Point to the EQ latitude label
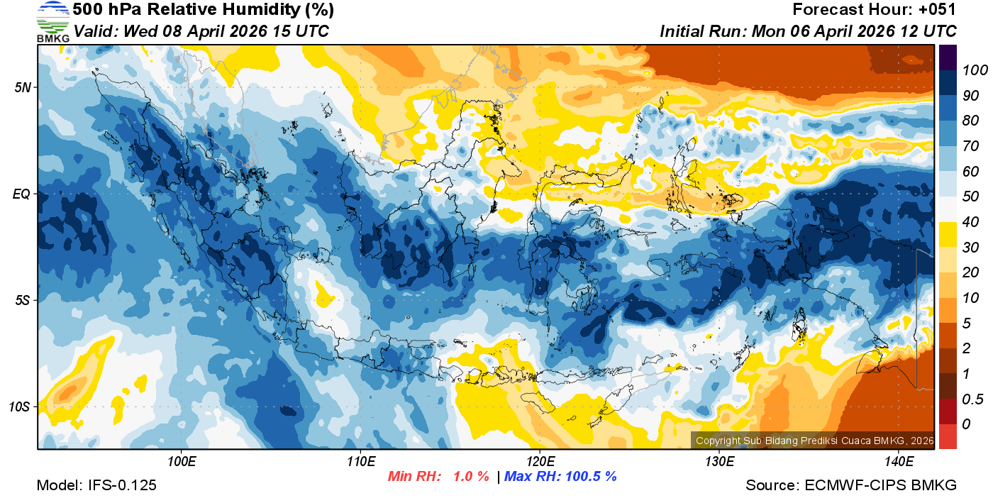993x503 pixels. (x=22, y=194)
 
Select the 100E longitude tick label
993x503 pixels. (x=182, y=462)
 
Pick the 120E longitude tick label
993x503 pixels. (x=540, y=462)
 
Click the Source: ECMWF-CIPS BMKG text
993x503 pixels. (x=851, y=485)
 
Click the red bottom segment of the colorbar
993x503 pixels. (x=948, y=436)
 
